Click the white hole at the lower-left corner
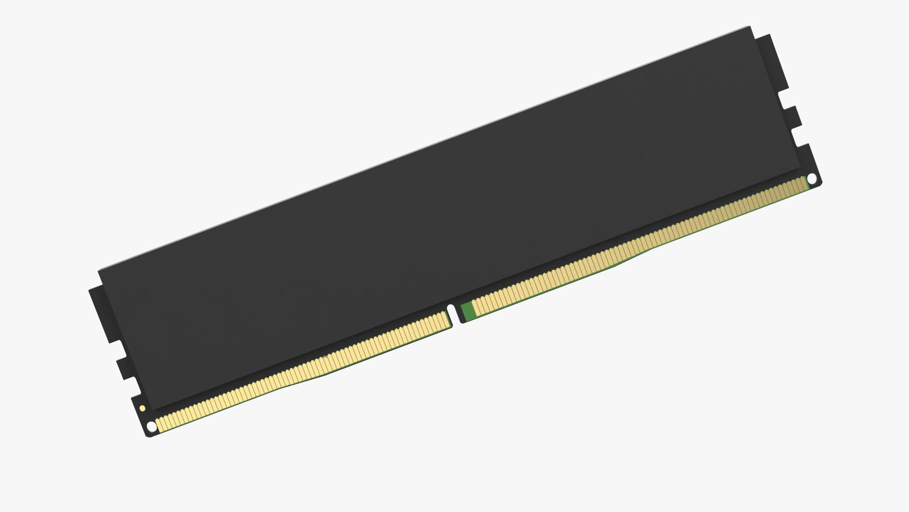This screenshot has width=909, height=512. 151,427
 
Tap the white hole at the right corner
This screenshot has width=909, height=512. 811,179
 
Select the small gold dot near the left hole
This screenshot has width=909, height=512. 142,408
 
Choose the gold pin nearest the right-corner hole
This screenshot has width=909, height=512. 805,183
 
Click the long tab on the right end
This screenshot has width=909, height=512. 770,62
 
